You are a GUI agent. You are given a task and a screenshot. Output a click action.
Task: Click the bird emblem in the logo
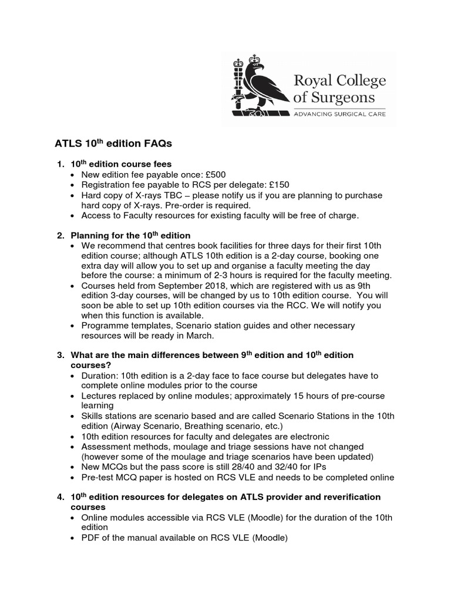[x=258, y=87]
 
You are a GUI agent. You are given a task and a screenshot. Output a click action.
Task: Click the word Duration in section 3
[x=100, y=375]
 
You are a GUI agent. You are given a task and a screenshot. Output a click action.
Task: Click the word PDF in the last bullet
[x=91, y=536]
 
